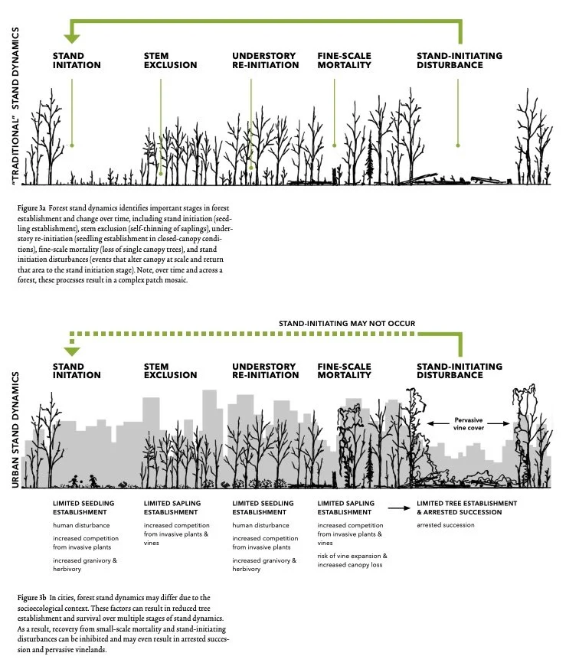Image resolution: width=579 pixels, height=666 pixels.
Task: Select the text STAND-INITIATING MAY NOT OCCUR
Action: (x=346, y=324)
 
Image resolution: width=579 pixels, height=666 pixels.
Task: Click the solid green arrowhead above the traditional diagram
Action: (x=72, y=37)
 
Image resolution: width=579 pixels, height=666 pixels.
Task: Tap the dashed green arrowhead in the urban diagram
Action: (x=72, y=350)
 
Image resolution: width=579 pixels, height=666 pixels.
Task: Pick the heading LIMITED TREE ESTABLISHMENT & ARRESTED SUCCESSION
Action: (x=466, y=508)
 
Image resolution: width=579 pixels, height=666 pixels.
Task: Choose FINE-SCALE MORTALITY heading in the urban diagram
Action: (x=345, y=371)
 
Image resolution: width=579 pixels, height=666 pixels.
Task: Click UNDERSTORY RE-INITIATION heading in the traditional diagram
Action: (x=265, y=60)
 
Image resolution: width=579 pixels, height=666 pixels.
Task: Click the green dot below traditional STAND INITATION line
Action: (x=72, y=145)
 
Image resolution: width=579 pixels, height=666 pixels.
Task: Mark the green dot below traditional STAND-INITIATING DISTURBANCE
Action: (x=458, y=145)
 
